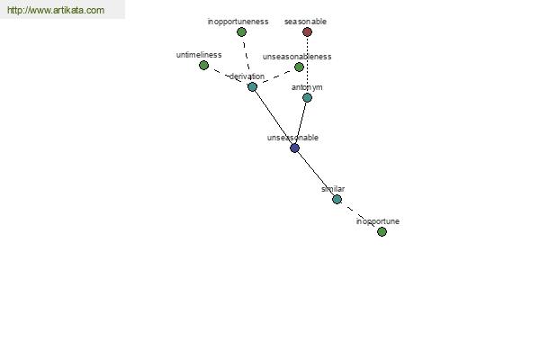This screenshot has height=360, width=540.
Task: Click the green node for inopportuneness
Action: point(241,32)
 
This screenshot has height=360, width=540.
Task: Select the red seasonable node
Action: point(307,32)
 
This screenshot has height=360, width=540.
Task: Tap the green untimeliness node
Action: point(204,65)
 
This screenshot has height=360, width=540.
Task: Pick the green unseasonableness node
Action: point(299,67)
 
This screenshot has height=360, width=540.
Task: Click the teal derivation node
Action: point(252,86)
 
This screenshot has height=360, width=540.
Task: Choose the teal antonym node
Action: point(307,98)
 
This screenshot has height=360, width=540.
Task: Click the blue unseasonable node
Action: point(294,148)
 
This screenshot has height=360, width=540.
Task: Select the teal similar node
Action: point(337,199)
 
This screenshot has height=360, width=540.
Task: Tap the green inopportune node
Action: point(382,232)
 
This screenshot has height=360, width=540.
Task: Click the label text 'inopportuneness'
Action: point(238,22)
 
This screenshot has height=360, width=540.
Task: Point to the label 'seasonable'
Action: point(305,22)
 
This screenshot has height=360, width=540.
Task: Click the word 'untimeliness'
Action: point(199,55)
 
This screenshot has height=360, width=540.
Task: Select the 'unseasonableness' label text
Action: point(297,57)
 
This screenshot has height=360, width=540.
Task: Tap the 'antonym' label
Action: point(307,87)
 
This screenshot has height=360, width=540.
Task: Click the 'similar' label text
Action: point(333,189)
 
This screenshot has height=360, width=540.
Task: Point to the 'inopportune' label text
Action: point(378,221)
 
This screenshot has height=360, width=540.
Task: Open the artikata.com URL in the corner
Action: point(56,10)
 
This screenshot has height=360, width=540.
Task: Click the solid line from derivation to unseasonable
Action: point(274,118)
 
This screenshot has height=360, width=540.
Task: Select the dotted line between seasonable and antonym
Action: point(307,65)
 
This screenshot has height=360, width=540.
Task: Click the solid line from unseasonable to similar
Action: point(316,174)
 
